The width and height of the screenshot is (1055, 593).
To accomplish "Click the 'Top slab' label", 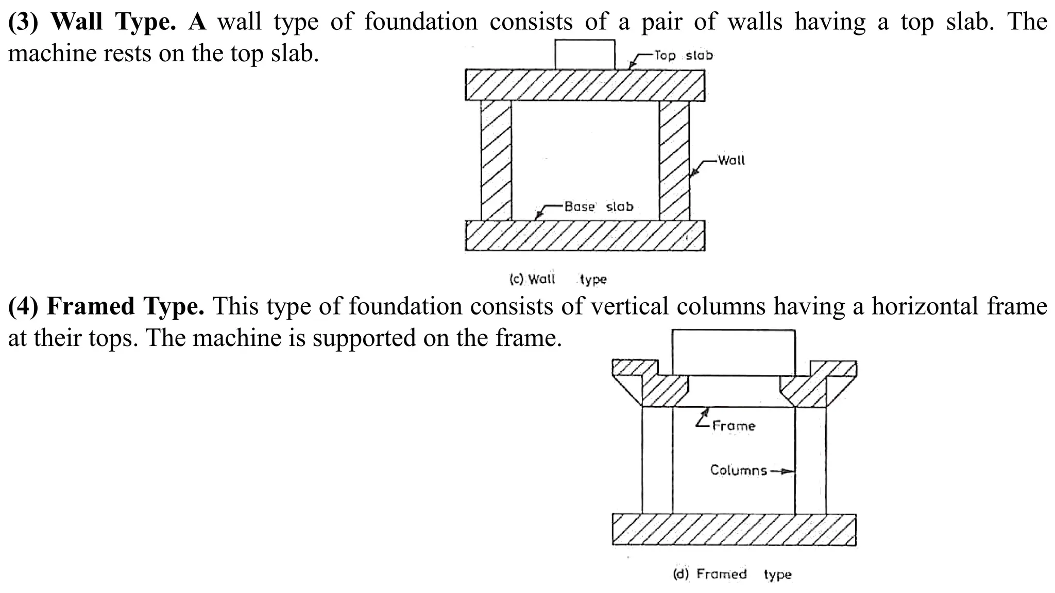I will click(x=683, y=55).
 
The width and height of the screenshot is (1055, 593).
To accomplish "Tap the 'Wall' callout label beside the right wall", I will click(x=731, y=160).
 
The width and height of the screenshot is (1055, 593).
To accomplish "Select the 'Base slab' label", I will click(x=599, y=206).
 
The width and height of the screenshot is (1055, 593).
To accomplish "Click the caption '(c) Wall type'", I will click(x=558, y=279).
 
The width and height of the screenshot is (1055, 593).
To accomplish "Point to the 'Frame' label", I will click(x=734, y=426).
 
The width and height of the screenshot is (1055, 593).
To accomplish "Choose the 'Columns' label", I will click(x=738, y=470).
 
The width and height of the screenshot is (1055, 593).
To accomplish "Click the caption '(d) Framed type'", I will click(x=732, y=574).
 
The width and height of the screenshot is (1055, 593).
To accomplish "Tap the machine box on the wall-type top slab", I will click(x=585, y=55).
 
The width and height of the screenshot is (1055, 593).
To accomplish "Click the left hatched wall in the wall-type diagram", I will click(x=496, y=160).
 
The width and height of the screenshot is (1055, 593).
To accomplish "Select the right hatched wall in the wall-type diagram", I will click(x=674, y=160).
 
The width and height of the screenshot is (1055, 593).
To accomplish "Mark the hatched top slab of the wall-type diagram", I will click(x=585, y=85).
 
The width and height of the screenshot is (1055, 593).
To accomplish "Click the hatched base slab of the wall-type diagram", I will click(x=585, y=236).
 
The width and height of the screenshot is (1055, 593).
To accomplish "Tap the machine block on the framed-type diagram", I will click(x=734, y=352).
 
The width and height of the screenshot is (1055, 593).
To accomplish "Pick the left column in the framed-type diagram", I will click(x=657, y=460).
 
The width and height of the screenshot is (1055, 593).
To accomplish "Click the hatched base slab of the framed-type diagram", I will click(x=734, y=529).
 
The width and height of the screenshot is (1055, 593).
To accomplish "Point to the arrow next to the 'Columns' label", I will click(x=781, y=470).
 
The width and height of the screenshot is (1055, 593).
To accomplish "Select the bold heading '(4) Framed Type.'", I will click(x=106, y=306).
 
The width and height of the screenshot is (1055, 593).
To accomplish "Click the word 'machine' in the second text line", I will click(x=52, y=53).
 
